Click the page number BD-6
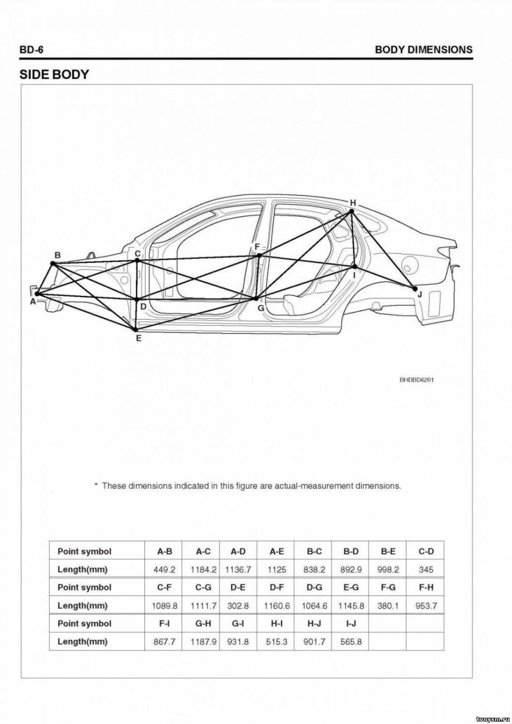point(31,49)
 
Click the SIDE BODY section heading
point(54,75)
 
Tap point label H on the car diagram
point(352,202)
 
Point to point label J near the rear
point(419,294)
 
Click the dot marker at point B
point(53,264)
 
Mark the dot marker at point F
point(259,256)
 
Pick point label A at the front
point(32,301)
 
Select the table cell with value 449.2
point(165,569)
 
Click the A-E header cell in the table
point(277,551)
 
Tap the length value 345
point(426,569)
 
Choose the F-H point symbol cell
point(426,588)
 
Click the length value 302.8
point(238,606)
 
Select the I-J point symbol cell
point(350,624)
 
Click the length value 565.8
point(350,642)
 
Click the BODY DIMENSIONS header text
point(424,49)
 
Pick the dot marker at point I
point(354,266)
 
